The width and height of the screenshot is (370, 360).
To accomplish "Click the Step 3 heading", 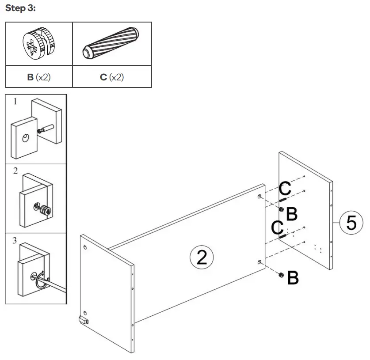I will pyautogui.click(x=20, y=9).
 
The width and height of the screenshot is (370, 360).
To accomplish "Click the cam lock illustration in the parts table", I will pyautogui.click(x=38, y=43).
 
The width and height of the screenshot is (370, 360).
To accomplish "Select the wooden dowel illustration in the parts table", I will pyautogui.click(x=111, y=43).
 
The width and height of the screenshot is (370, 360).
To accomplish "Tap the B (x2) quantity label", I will pyautogui.click(x=39, y=77).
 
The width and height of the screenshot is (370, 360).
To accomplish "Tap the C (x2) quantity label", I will pyautogui.click(x=111, y=77).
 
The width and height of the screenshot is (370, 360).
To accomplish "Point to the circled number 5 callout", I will pyautogui.click(x=351, y=223).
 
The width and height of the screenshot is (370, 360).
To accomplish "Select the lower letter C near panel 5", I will pyautogui.click(x=278, y=228).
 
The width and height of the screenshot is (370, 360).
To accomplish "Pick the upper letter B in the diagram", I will pyautogui.click(x=292, y=214).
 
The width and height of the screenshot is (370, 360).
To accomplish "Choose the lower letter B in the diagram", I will pyautogui.click(x=293, y=278).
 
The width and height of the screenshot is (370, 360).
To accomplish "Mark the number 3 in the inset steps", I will pyautogui.click(x=15, y=240).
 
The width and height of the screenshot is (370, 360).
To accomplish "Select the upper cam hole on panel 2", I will pyautogui.click(x=259, y=196).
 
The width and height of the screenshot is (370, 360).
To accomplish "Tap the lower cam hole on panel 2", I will pyautogui.click(x=259, y=263).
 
